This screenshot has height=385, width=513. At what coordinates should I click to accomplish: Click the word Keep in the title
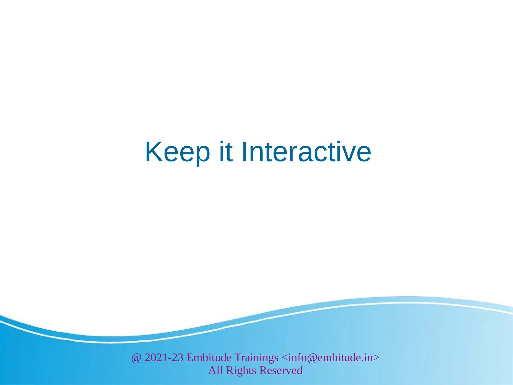coord(177,152)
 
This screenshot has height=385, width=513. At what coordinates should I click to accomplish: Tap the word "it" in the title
coord(226,152)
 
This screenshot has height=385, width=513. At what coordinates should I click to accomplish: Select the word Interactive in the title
coord(306,152)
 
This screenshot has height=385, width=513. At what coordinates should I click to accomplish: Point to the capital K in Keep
coord(154,152)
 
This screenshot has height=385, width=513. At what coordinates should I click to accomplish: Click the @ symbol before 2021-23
coord(136,358)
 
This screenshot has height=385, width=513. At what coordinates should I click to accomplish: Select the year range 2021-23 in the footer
coord(164,358)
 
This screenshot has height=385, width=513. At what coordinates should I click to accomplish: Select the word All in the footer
coord(215,370)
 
